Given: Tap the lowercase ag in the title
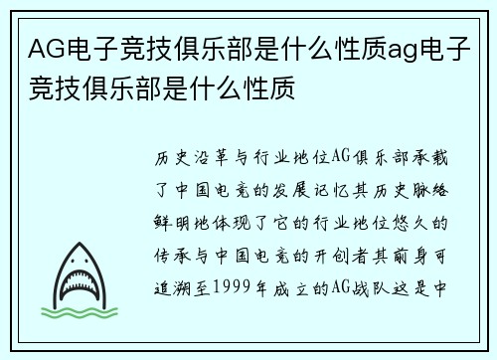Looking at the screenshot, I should (x=392, y=47).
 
